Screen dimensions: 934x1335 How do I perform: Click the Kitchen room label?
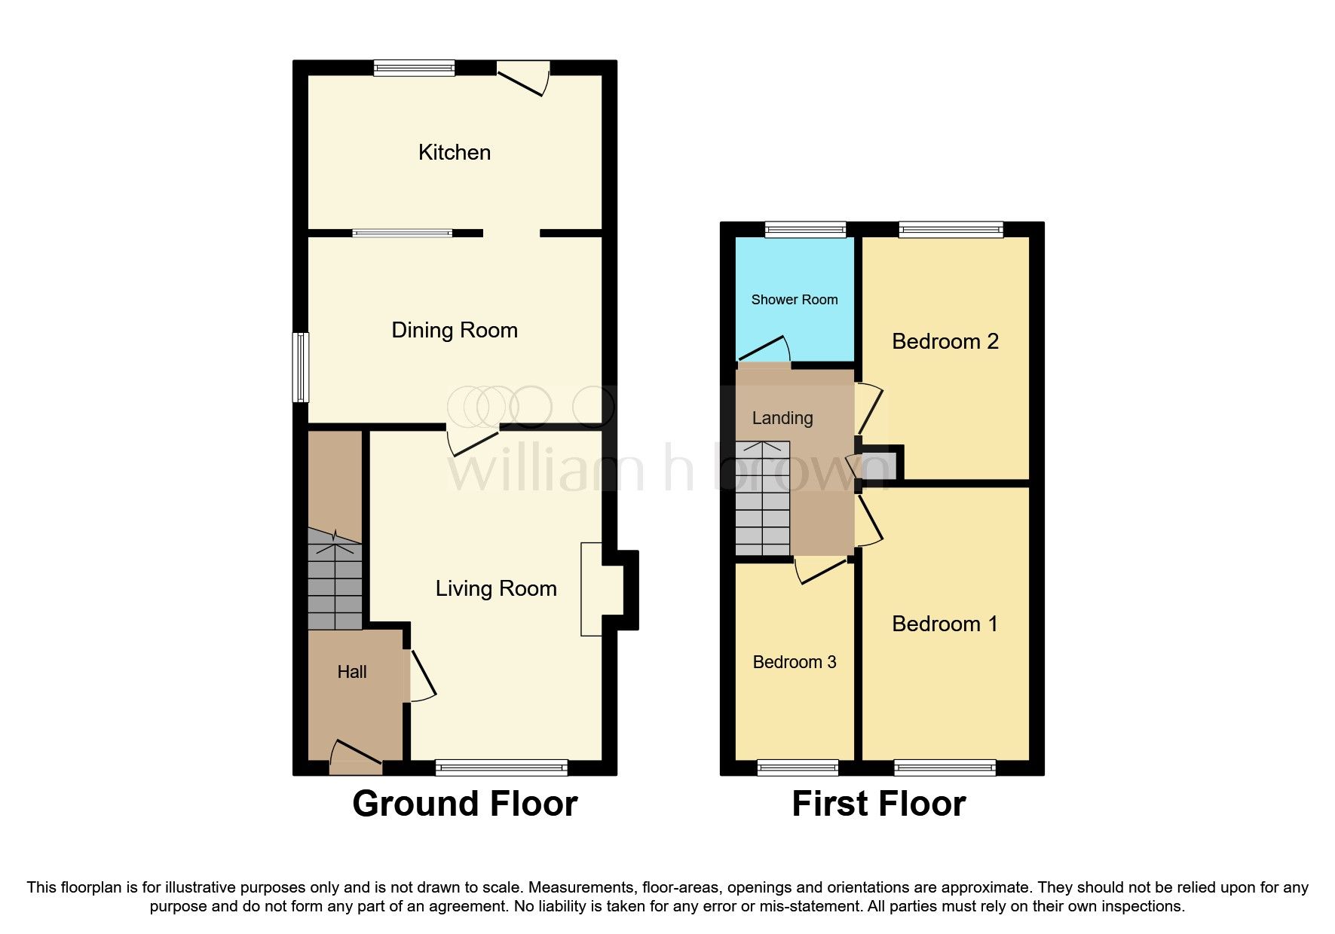pos(454,152)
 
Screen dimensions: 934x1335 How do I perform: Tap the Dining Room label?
pos(454,330)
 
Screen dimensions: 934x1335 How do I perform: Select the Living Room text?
pos(495,588)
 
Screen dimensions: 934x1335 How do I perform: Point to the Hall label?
pos(352,672)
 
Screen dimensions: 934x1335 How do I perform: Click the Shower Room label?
pos(794,300)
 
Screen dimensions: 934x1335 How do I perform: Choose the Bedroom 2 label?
pos(945,341)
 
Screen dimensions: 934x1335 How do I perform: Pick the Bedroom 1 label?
pos(945,624)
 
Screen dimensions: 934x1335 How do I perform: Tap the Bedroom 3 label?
pos(794,662)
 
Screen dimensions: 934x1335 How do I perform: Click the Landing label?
pos(782,418)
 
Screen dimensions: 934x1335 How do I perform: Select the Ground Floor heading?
pos(464,804)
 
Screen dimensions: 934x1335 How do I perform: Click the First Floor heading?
pos(878,804)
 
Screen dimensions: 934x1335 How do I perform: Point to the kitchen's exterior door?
pos(523,78)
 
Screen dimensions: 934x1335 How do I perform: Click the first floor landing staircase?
pos(762,499)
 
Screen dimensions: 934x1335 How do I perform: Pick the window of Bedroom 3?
pos(797,768)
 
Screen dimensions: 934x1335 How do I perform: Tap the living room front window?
pos(501,768)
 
